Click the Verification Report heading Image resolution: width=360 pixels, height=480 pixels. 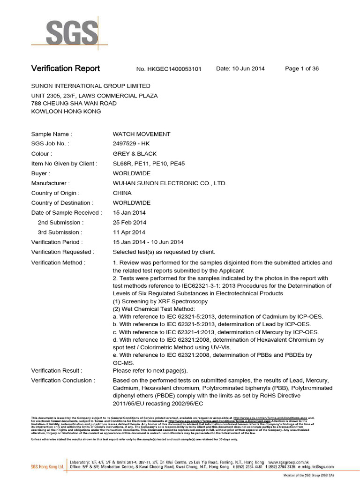click(x=65, y=68)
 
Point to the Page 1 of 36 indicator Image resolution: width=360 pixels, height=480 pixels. click(x=302, y=68)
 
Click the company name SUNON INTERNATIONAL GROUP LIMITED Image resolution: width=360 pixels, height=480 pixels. click(x=90, y=86)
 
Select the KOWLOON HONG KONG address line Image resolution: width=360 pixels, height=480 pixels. click(x=66, y=112)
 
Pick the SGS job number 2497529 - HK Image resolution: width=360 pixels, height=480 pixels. click(x=131, y=144)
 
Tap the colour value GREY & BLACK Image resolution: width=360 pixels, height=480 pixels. click(x=135, y=154)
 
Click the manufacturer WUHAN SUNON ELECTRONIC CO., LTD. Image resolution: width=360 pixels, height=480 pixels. click(x=169, y=183)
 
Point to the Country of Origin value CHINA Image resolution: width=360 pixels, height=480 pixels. click(x=122, y=193)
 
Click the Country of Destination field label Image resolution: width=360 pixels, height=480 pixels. click(x=62, y=203)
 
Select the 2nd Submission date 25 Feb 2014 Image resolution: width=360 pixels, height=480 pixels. click(x=130, y=223)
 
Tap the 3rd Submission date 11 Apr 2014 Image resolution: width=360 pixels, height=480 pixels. click(x=129, y=232)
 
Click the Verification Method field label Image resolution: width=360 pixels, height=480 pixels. click(x=58, y=262)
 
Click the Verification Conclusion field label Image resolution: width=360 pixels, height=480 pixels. click(x=63, y=380)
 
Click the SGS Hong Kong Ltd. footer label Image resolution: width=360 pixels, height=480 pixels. click(x=47, y=467)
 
